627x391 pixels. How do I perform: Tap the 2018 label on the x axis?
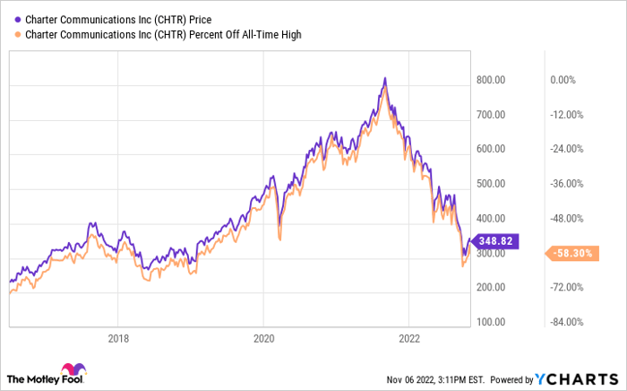coord(118,338)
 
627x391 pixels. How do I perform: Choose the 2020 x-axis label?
coord(262,338)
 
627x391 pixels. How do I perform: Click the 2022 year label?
coord(408,338)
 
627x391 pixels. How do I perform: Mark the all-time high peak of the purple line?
coord(384,79)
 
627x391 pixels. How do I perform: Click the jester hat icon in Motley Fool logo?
coord(72,370)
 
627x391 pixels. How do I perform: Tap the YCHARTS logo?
coord(574,378)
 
